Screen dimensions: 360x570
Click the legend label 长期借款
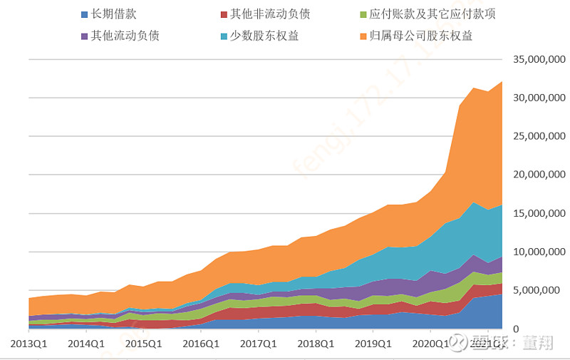116,14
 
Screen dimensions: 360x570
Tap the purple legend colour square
85,36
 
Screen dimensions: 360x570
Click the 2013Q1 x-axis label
28,343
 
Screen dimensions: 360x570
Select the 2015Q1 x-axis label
143,343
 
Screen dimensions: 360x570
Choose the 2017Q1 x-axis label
258,343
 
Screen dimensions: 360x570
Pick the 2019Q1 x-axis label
373,343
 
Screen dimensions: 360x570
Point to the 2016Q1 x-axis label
201,343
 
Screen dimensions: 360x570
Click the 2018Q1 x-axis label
316,343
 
